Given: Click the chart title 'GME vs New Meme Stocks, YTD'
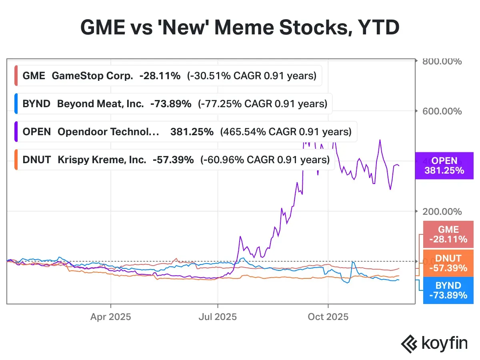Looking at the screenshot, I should pos(240,28).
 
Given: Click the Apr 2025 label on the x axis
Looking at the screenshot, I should pos(110,317).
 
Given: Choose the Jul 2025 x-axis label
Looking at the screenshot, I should pos(218,317).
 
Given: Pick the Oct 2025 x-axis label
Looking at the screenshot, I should pos(328,317).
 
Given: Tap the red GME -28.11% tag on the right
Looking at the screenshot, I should pos(448,234).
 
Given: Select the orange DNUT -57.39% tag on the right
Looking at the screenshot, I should pos(448,263).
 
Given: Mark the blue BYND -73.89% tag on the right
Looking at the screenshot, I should pos(448,290).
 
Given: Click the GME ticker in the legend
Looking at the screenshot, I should pos(34,76).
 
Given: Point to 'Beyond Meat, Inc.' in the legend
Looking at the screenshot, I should pos(100,104).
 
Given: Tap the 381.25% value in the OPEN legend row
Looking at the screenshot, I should pos(192,132).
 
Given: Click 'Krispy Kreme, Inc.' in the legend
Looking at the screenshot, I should pos(102,160).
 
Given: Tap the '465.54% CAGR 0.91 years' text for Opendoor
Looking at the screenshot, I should pos(286,132).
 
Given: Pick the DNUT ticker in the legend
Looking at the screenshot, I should pos(37,160).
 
